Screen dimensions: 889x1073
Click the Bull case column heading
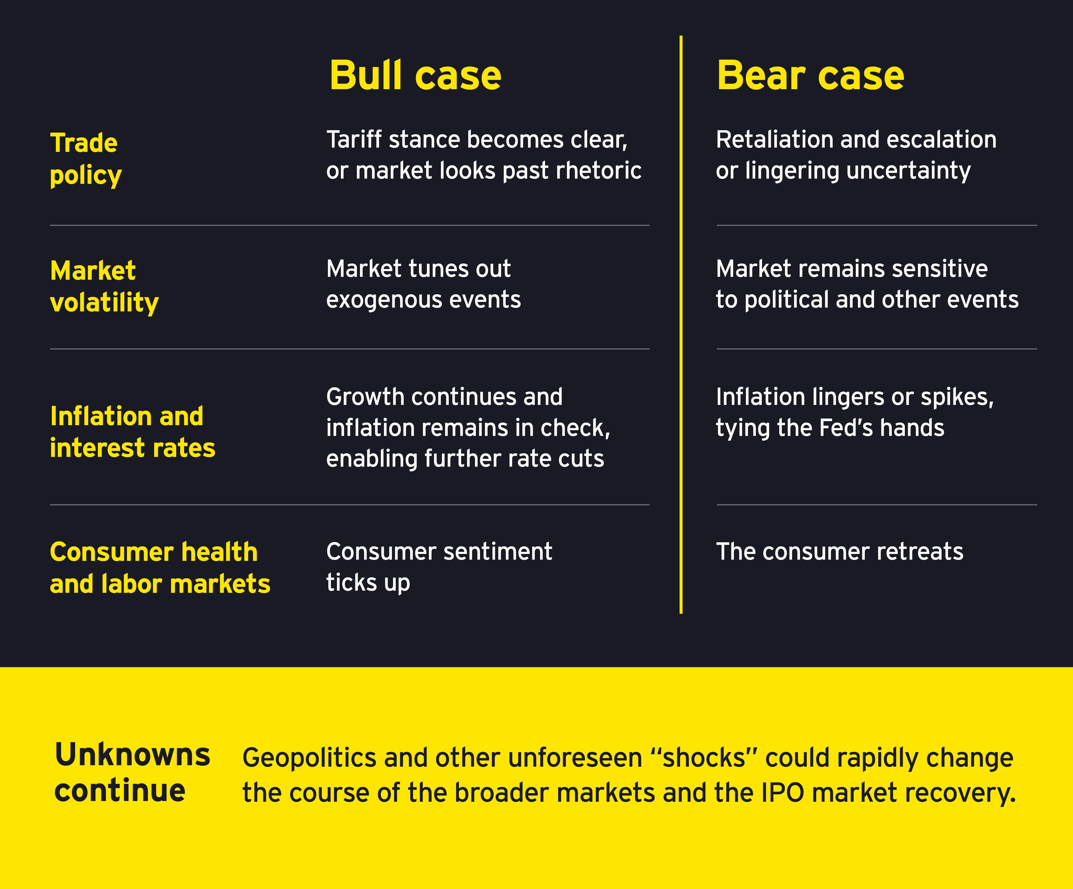tap(415, 76)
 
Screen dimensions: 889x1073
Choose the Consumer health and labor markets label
tap(160, 568)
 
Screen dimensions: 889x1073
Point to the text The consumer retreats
tap(839, 552)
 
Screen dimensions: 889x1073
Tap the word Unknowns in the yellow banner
tap(132, 755)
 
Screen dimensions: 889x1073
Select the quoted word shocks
tap(704, 758)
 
